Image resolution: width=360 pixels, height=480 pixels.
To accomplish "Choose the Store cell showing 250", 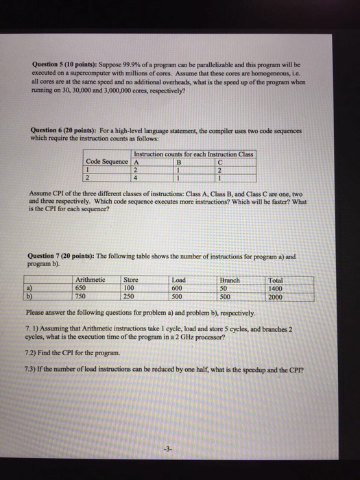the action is (x=130, y=297).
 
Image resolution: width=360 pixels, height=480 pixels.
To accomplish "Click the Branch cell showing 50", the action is (x=225, y=289).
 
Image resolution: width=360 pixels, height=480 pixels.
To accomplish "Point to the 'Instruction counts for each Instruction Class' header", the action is (x=194, y=153).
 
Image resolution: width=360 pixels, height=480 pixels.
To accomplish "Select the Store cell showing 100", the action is (x=130, y=289).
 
